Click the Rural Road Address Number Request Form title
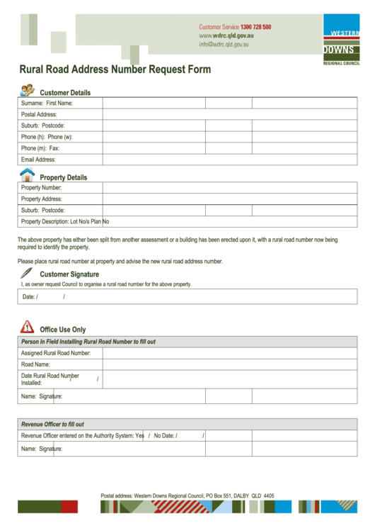[114, 70]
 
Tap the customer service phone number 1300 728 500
[255, 27]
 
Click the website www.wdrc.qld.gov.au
[226, 35]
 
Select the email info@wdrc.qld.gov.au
[224, 44]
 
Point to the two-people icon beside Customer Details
[27, 91]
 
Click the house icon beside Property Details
[27, 174]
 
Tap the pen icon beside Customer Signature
[27, 272]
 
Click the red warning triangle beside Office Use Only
[27, 327]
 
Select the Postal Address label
[39, 114]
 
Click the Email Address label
[38, 160]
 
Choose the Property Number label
[41, 188]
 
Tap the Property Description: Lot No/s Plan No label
[64, 222]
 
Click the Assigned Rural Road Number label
[56, 352]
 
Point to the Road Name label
[35, 364]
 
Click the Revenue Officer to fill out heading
[52, 424]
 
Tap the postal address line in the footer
[187, 496]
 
